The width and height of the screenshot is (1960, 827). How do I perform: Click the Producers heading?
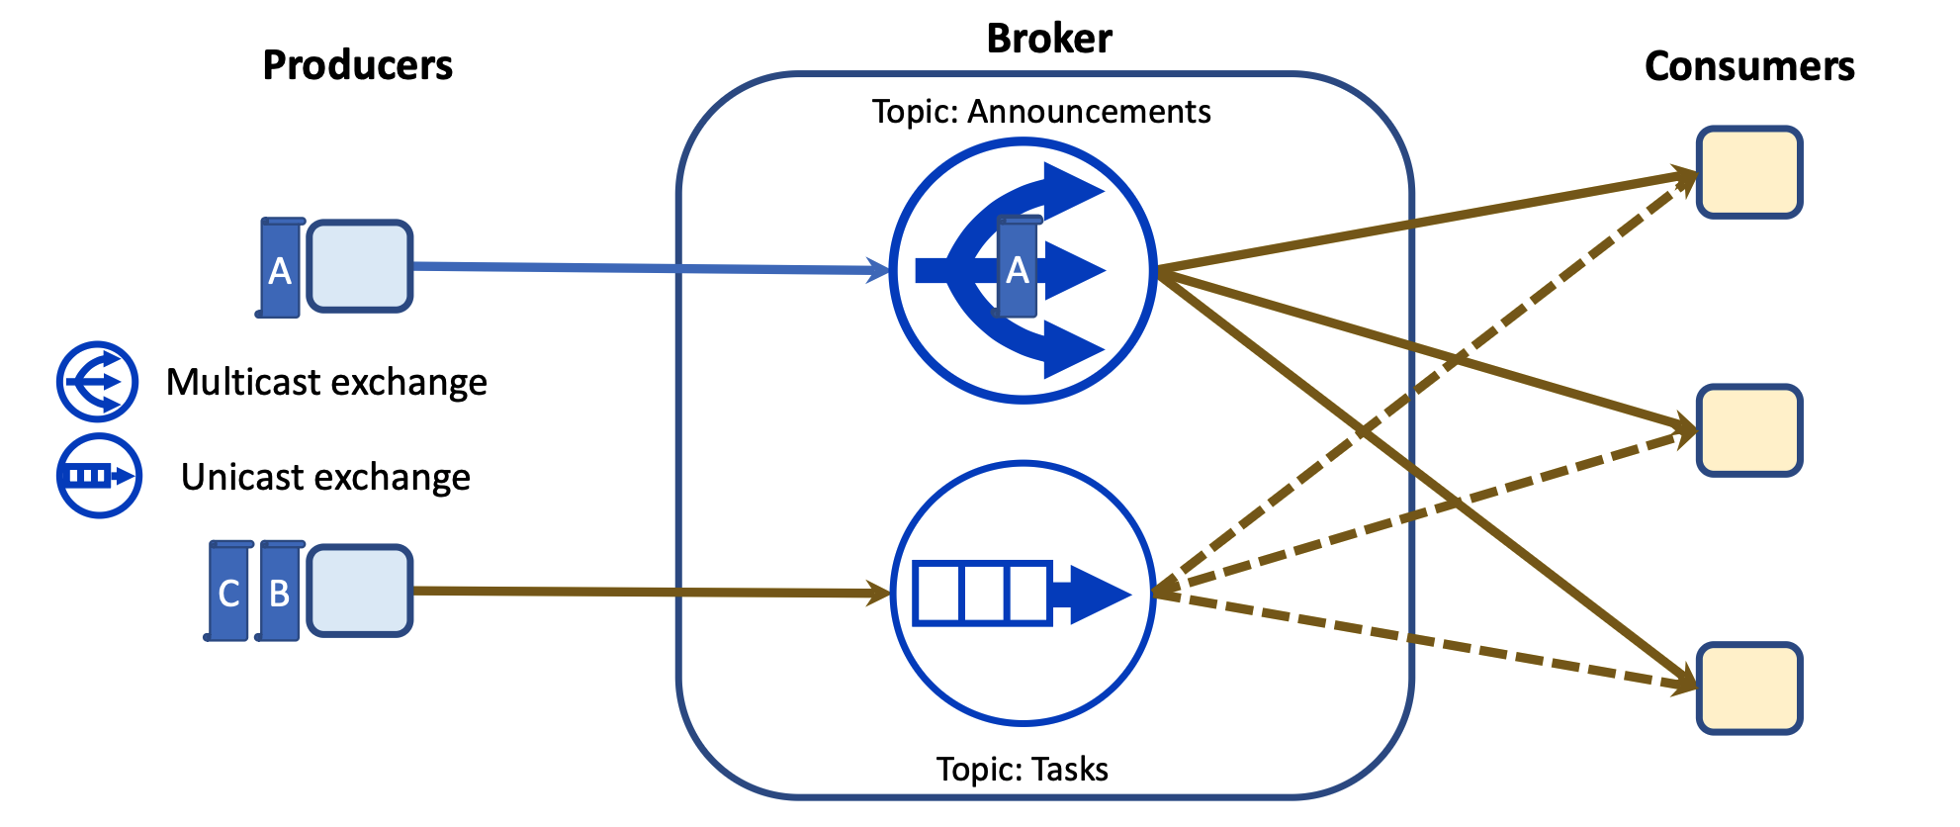357,65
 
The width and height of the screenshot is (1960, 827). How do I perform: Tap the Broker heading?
1049,39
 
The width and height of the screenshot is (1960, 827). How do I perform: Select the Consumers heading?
1748,66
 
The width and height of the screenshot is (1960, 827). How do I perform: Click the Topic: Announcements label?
1040,112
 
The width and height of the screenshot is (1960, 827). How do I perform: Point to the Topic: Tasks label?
1022,769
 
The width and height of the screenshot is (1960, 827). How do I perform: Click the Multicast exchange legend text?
326,382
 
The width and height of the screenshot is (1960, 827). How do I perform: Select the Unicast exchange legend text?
325,477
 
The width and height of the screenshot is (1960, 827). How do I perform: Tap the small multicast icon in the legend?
97,381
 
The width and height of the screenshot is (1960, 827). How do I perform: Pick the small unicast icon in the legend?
98,476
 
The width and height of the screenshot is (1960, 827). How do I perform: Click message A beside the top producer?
281,268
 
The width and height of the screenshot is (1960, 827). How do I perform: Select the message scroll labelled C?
229,592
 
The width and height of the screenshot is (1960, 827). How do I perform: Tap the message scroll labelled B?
280,592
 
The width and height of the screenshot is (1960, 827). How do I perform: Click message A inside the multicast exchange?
1018,268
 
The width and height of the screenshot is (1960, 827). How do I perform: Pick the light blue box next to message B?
360,591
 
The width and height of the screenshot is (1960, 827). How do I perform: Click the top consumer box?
1748,172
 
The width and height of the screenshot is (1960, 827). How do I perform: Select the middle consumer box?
1748,430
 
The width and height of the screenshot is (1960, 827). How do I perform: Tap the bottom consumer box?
1748,689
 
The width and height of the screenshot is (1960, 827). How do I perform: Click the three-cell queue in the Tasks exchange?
981,593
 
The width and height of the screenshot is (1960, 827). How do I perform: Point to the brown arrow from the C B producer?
643,592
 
